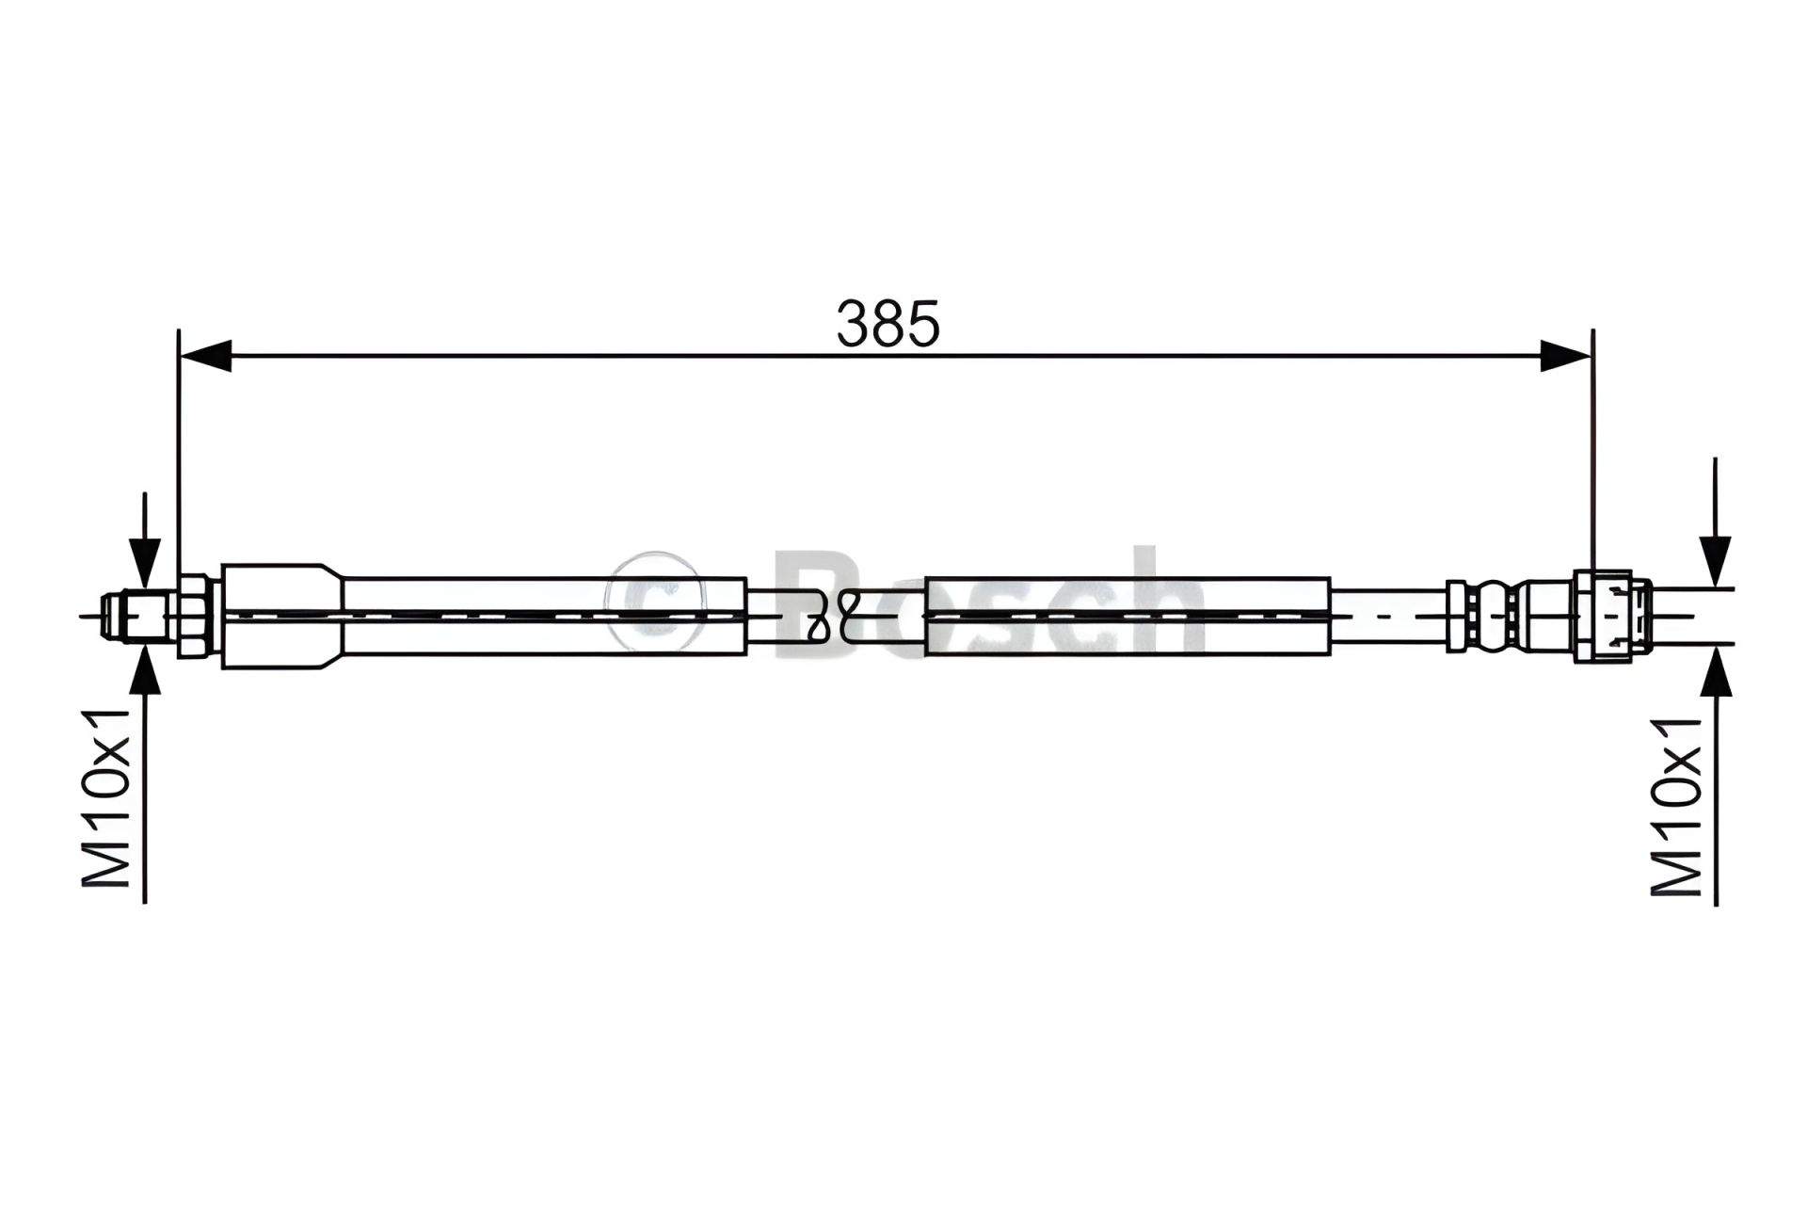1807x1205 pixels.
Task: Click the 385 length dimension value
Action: click(888, 325)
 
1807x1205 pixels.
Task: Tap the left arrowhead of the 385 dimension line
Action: click(205, 356)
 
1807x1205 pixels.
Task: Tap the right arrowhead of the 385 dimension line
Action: click(1566, 356)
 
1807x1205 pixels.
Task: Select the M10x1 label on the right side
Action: click(1677, 806)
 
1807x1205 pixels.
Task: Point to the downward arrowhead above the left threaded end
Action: click(144, 566)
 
